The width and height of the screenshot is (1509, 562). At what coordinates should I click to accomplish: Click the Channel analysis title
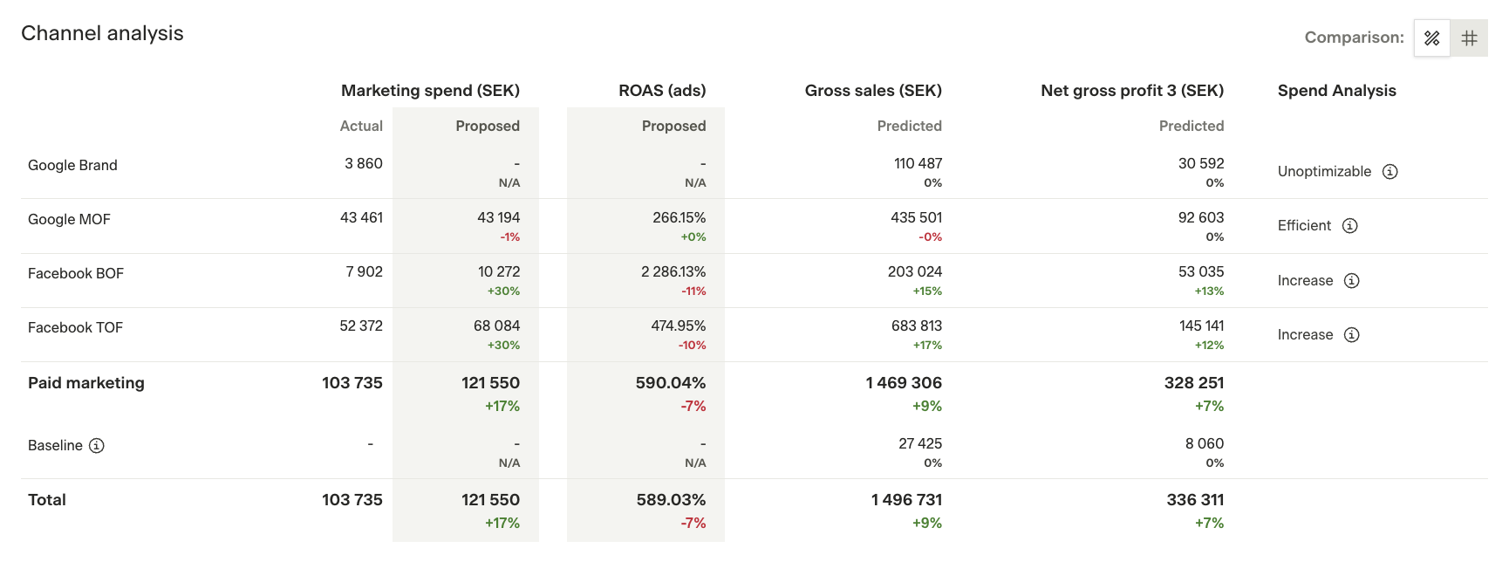[x=102, y=33]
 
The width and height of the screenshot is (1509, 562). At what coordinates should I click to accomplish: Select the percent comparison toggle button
[x=1431, y=38]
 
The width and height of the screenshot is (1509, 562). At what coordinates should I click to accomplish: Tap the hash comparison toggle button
[x=1470, y=38]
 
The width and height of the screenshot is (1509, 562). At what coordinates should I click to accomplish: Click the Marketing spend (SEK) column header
[x=430, y=91]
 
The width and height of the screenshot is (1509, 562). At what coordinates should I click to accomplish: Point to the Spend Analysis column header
[x=1336, y=91]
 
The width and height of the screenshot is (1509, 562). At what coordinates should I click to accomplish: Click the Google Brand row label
[x=72, y=165]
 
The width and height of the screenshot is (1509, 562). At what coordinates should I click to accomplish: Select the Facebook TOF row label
[x=75, y=327]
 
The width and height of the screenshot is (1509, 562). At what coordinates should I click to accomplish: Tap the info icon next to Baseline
[x=97, y=446]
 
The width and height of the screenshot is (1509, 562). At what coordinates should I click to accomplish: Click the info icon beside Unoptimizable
[x=1390, y=172]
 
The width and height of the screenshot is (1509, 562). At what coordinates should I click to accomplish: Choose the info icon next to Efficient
[x=1350, y=226]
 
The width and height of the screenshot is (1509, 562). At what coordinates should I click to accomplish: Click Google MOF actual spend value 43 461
[x=361, y=217]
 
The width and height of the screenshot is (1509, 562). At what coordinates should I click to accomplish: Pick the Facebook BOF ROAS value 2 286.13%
[x=673, y=271]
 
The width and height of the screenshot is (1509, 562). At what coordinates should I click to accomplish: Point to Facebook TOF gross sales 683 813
[x=917, y=326]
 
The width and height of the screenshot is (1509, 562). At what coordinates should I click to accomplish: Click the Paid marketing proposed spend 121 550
[x=490, y=383]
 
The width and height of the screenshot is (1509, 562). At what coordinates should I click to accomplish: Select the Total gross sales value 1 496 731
[x=906, y=500]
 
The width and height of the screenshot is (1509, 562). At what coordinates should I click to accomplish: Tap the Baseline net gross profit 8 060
[x=1205, y=443]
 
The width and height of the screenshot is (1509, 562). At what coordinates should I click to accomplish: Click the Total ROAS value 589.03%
[x=671, y=500]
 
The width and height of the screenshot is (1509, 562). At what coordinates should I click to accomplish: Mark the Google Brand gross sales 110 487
[x=918, y=163]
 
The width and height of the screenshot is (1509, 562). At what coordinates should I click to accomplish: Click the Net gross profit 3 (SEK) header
[x=1132, y=91]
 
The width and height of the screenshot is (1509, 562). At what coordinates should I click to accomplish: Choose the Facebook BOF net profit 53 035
[x=1201, y=271]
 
